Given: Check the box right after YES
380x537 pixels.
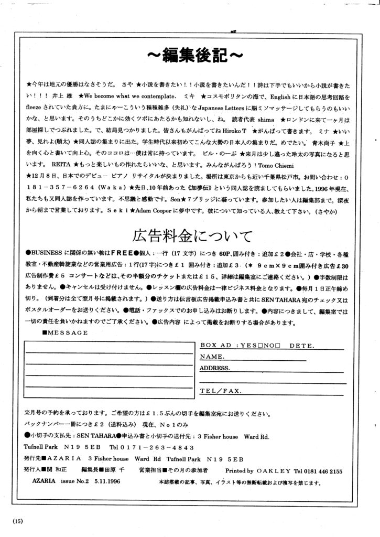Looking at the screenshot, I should pos(260,346).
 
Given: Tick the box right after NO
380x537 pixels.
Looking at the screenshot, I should pos(278,346).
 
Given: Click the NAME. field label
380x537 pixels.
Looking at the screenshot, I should pos(212,357).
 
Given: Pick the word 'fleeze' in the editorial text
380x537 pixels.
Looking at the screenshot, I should pos(34,110).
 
